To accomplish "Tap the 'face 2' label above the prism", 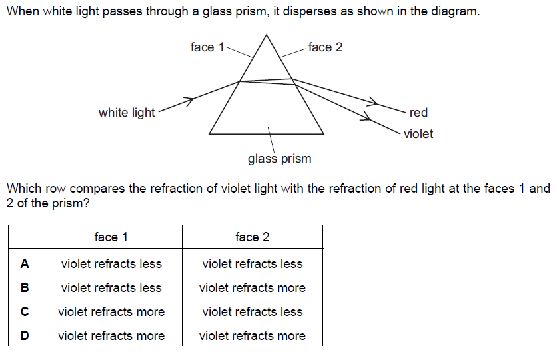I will coord(325,47).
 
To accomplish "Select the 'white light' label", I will coord(127,113).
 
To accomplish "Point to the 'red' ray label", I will coord(418,113).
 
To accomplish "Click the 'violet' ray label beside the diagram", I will coord(418,134).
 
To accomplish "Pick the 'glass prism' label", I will coord(279,159).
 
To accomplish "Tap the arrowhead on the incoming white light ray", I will coord(190,101).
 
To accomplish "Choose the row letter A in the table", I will coord(25,263).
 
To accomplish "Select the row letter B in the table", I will coord(25,287).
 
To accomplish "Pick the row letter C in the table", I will coord(25,311).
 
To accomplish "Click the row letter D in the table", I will coord(25,335).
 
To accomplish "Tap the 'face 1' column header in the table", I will coord(111,237).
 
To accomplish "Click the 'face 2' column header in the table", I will coord(253,237).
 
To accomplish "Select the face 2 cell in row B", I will coord(253,288).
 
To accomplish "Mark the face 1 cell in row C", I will coord(111,312).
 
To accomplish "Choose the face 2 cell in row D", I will coord(253,336).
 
